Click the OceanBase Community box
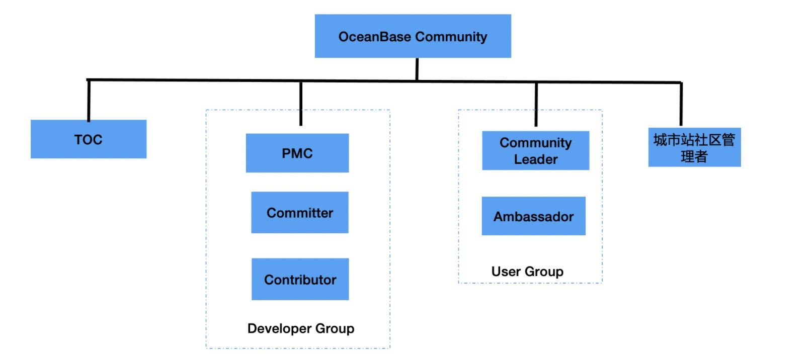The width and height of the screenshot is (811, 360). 413,36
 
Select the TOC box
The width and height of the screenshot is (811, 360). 89,139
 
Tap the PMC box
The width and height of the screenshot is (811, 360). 297,153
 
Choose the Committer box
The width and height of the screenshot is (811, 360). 300,212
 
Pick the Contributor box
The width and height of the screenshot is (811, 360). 300,279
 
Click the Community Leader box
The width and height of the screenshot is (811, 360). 535,150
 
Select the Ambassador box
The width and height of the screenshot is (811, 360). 533,216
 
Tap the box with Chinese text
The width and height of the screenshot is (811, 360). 694,147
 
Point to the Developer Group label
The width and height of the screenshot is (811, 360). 301,328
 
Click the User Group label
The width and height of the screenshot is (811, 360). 527,272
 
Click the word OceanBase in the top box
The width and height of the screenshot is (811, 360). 375,37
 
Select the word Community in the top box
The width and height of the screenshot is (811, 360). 451,37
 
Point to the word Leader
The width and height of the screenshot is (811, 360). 536,159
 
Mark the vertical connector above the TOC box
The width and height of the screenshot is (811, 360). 89,101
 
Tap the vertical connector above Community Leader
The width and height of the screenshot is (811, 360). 536,105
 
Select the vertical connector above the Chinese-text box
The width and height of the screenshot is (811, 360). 681,105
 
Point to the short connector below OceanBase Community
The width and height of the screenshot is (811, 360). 417,69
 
